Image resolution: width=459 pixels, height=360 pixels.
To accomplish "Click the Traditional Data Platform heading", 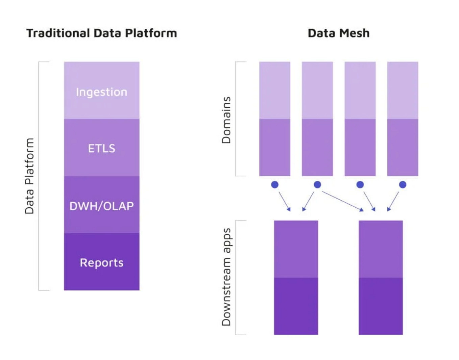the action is (102, 33).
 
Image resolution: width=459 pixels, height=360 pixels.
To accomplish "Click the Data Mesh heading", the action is (339, 33).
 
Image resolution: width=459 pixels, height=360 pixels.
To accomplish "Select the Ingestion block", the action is (102, 90).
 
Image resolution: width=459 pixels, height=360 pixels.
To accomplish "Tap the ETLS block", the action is (102, 148).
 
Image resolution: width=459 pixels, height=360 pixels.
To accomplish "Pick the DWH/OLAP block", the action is (102, 205).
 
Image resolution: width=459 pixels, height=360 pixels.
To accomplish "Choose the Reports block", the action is (102, 262).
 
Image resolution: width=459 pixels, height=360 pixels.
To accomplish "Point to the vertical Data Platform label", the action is (29, 176).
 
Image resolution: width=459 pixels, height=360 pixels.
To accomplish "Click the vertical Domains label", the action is (226, 120).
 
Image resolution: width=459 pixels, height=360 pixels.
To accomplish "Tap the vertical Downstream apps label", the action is (226, 277).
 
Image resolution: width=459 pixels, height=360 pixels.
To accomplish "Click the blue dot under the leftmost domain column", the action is (275, 185).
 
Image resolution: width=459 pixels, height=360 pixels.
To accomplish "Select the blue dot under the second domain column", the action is (317, 185).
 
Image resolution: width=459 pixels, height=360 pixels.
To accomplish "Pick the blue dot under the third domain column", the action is (360, 185).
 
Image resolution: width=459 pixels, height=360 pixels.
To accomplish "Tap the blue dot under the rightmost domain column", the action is (403, 185).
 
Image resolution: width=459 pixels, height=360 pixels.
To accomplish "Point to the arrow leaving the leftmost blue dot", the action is (285, 201).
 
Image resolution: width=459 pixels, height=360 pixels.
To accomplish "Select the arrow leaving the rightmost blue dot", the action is (393, 201).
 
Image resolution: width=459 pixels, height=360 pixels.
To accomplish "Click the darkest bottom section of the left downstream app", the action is (296, 306).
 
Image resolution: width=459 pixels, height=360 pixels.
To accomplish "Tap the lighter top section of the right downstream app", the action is (381, 249).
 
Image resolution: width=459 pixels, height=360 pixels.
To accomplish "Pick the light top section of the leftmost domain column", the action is (275, 90).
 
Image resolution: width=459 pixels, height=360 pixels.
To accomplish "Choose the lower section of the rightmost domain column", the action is (403, 148).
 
